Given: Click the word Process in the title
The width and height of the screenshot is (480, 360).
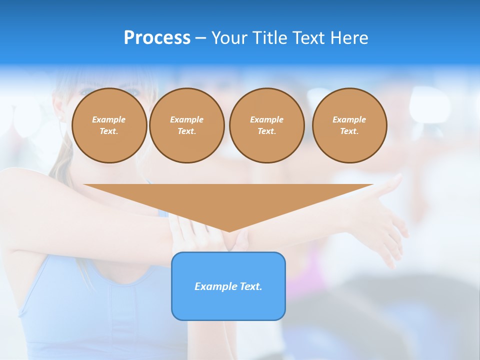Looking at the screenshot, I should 157,38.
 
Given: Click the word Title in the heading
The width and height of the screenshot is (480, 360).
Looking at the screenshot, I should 270,38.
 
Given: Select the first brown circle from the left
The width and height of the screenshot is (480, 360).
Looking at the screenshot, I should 109,125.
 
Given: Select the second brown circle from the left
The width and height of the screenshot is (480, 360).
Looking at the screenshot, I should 186,125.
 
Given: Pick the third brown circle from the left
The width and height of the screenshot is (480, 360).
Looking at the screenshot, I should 266,125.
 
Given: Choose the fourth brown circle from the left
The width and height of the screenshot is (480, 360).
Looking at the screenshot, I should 349,125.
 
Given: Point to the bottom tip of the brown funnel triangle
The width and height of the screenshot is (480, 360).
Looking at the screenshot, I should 229,231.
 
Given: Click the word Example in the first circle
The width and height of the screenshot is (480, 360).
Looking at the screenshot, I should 109,119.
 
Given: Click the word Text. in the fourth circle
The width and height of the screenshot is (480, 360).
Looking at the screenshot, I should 349,131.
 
